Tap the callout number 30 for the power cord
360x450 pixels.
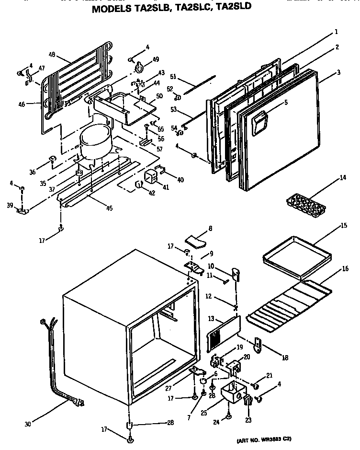click(x=28, y=424)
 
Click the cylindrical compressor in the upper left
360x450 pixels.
click(x=95, y=141)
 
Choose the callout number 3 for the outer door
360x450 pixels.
click(x=338, y=72)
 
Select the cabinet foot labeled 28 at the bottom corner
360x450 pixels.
click(x=129, y=426)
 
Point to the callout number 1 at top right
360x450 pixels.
click(x=336, y=32)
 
